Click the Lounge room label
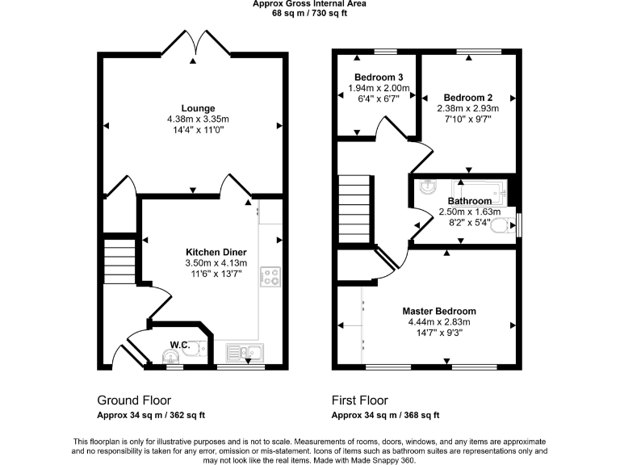(x=198, y=108)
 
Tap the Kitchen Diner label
(x=216, y=252)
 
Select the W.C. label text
(x=180, y=346)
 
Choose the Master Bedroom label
(x=439, y=311)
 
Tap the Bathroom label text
(x=469, y=201)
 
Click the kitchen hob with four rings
(x=270, y=278)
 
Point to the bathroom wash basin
(x=425, y=186)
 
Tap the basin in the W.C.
(x=170, y=356)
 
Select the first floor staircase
(x=354, y=208)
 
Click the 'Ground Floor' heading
(x=134, y=400)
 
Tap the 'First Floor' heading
(x=360, y=400)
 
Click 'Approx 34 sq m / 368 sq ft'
(x=386, y=416)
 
